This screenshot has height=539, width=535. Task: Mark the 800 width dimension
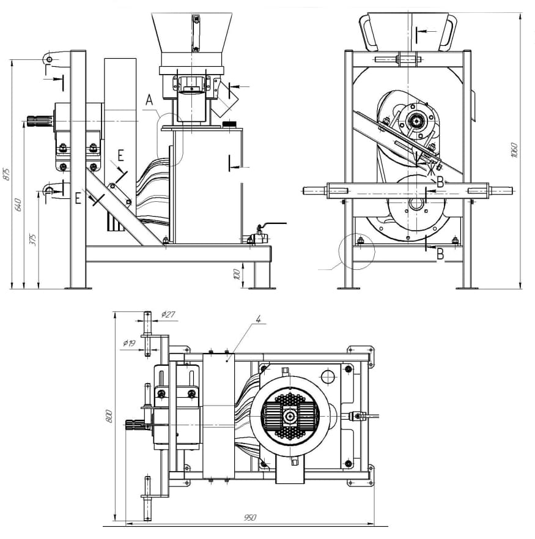[x=109, y=416]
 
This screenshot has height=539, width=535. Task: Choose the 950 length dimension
[x=249, y=518]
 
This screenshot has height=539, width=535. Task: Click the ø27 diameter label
[x=168, y=314]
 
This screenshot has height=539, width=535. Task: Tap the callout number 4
[x=259, y=319]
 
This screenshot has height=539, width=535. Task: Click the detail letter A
[x=149, y=101]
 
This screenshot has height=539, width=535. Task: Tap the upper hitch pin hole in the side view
[x=48, y=58]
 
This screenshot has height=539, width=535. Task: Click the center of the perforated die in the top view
[x=290, y=416]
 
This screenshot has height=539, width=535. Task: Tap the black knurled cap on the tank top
[x=230, y=125]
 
